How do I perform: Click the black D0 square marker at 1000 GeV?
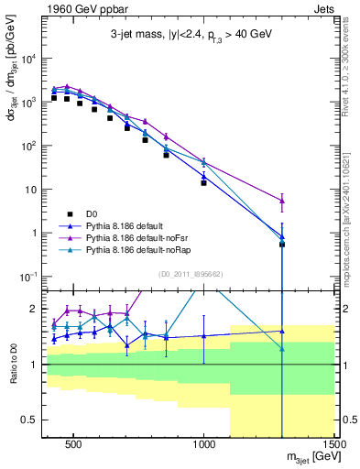click(204, 183)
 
